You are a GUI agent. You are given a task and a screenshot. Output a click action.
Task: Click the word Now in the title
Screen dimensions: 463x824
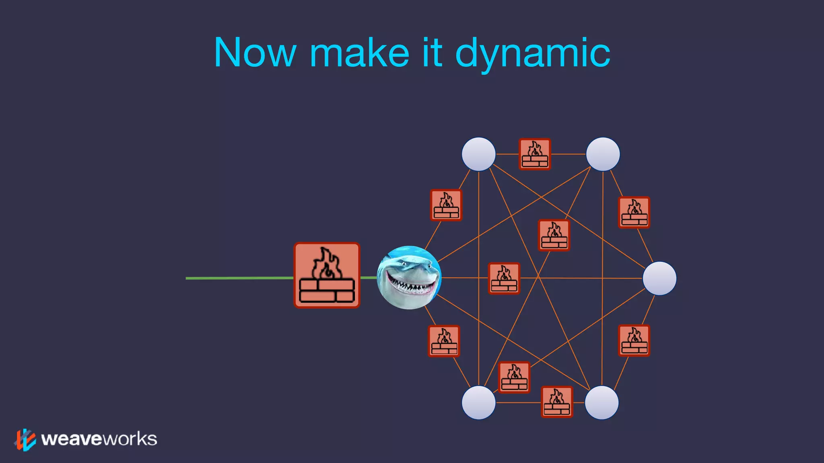(x=255, y=53)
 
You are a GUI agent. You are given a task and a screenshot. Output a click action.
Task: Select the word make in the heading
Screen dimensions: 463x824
(x=359, y=53)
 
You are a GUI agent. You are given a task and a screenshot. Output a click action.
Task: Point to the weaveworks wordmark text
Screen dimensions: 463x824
(x=99, y=439)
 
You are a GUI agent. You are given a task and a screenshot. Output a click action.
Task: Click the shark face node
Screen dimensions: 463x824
(x=409, y=277)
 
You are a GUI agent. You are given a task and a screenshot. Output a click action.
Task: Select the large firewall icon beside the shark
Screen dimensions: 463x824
(x=327, y=275)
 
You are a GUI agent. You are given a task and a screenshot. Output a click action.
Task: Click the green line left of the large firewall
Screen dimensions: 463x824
(x=239, y=278)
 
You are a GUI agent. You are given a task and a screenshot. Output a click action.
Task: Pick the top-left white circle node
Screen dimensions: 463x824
(x=478, y=154)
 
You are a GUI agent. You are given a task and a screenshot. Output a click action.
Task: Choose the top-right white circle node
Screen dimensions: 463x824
(x=603, y=154)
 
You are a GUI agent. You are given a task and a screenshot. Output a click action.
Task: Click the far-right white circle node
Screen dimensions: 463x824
(x=659, y=278)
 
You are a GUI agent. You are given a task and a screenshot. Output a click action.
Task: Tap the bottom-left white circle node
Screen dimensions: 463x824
(x=478, y=402)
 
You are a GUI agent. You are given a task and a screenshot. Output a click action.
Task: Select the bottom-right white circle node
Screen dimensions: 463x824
(x=602, y=402)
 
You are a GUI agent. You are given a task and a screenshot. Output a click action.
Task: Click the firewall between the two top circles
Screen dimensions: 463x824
(x=535, y=154)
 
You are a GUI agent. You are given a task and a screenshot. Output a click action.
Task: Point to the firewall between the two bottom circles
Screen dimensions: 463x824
(x=557, y=402)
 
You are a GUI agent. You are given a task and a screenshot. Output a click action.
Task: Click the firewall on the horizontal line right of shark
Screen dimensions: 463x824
(x=504, y=278)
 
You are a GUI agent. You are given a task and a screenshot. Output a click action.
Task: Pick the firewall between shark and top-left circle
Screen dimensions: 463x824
(x=446, y=205)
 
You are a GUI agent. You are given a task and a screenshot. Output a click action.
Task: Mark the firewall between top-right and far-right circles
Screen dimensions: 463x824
(x=634, y=212)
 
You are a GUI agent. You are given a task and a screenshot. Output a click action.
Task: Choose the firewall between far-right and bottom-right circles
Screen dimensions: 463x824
(x=634, y=340)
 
